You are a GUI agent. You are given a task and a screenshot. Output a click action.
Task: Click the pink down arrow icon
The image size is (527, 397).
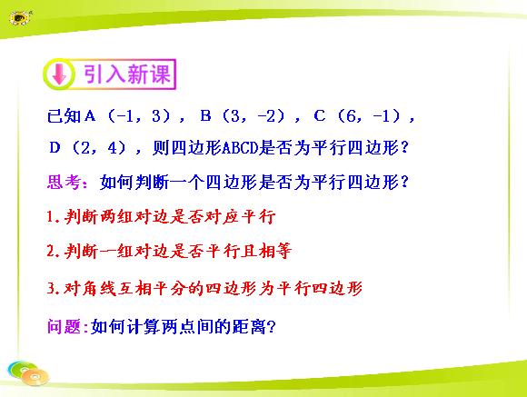[59, 74]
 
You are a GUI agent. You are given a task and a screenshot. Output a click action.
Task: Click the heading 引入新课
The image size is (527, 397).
[127, 74]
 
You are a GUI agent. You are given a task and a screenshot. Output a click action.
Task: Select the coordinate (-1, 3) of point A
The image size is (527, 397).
[139, 116]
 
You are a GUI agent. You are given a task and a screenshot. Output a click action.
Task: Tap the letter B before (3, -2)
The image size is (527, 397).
[205, 116]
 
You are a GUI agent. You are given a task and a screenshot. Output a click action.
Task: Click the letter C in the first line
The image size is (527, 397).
[319, 116]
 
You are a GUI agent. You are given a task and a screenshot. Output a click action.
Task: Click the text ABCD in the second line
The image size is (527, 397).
[240, 148]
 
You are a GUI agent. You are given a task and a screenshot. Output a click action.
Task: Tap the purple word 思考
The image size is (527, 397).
[65, 183]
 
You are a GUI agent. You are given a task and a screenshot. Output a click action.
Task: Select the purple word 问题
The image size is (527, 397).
[64, 326]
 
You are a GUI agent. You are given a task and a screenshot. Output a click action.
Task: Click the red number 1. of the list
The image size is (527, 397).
[54, 217]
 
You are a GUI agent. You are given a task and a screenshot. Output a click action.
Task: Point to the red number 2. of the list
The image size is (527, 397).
[54, 252]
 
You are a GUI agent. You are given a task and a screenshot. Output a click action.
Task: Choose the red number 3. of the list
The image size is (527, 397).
[54, 289]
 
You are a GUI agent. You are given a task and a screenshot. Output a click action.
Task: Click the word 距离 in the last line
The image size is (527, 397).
[249, 326]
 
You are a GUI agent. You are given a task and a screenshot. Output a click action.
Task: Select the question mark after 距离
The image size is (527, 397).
[271, 327]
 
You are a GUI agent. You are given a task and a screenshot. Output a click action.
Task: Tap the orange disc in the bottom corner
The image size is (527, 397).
[35, 377]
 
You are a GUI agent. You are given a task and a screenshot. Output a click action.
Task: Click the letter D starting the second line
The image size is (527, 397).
[55, 148]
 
